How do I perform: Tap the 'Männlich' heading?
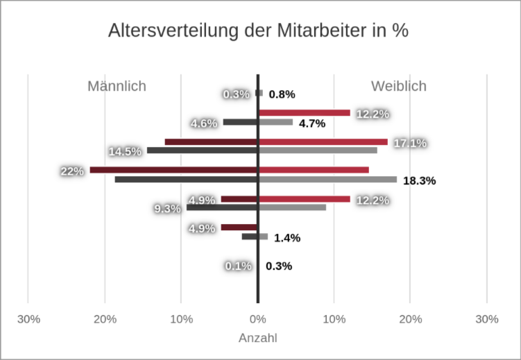[117, 86]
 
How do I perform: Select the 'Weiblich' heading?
[398, 86]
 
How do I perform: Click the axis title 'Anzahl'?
[257, 338]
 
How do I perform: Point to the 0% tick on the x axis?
[257, 319]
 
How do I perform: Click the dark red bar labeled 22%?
[173, 170]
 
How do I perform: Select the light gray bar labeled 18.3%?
[327, 180]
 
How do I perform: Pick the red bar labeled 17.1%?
[323, 142]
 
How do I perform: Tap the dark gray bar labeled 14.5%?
[202, 151]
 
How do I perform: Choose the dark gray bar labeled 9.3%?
[222, 207]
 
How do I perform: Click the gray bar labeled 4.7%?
[275, 122]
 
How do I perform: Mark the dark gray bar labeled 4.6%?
[240, 122]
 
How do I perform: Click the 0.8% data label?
[282, 94]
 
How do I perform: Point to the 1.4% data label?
[287, 238]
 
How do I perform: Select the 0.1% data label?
[238, 266]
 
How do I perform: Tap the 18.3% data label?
[419, 181]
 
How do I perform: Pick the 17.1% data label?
[410, 144]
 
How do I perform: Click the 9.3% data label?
[168, 208]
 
